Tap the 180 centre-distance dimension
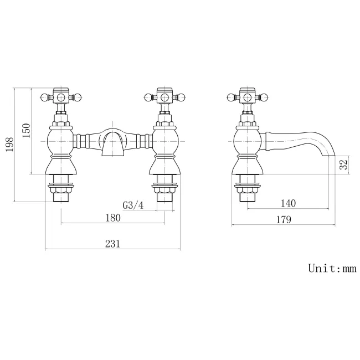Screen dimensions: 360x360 click(112, 218)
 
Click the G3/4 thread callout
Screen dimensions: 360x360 click(133, 205)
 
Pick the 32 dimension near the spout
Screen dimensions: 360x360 click(343, 164)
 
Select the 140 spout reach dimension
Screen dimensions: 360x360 click(288, 203)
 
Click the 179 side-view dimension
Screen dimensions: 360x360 click(283, 219)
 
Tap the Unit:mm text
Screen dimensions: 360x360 click(332, 269)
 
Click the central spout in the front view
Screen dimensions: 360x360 click(112, 143)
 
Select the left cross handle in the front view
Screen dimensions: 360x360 click(60, 98)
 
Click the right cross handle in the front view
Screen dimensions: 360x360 click(164, 98)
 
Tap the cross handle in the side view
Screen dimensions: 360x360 click(246, 98)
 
